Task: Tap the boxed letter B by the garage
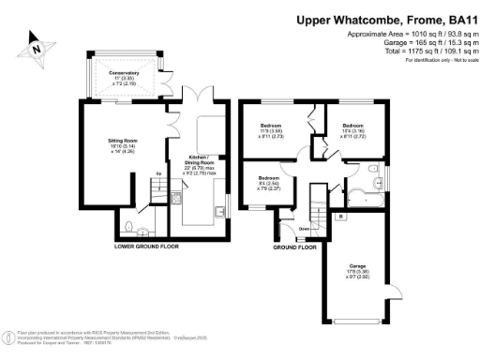[x=338, y=217]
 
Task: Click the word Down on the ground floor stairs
[x=304, y=228]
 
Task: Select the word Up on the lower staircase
[x=158, y=175]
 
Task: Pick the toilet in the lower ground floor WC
[x=141, y=230]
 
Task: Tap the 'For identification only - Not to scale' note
[x=437, y=60]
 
